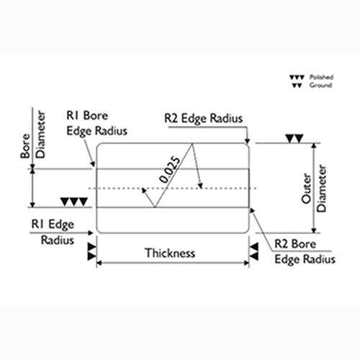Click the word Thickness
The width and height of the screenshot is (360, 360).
[170, 253]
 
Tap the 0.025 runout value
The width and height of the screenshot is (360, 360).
[169, 170]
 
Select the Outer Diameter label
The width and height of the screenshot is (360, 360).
[314, 189]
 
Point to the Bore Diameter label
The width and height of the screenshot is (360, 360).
[33, 135]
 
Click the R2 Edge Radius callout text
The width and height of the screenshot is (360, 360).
[204, 119]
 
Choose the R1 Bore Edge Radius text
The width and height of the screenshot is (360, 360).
[96, 124]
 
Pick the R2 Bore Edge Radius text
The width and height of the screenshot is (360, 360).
[305, 252]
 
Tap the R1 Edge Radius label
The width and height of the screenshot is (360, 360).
[53, 232]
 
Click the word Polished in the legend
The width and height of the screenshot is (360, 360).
[321, 77]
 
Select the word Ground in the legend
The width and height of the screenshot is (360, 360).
[320, 85]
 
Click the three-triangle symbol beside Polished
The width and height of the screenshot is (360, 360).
[297, 77]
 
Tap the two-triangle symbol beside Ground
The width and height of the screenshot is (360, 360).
[297, 86]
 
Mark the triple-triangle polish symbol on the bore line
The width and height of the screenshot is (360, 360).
[74, 202]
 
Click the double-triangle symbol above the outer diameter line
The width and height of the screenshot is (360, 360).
[294, 139]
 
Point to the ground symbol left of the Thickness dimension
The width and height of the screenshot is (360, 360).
[92, 252]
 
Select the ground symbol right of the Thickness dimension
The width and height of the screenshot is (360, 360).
[254, 252]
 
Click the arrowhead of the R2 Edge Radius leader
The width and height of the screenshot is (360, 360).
[248, 140]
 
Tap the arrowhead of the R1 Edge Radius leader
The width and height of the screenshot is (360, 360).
[91, 233]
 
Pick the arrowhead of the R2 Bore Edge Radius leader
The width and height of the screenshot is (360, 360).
[252, 210]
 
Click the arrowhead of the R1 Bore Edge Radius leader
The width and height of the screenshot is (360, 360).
[93, 164]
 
